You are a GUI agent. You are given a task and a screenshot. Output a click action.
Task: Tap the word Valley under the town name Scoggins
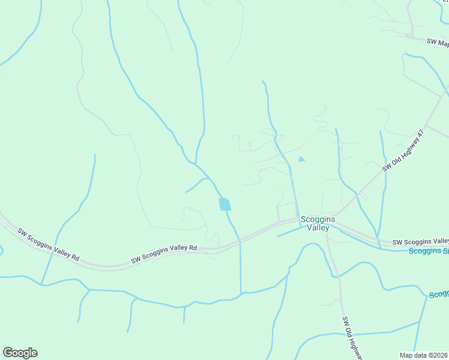tap(318, 228)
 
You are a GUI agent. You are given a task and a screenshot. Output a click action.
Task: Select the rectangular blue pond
tap(224, 204)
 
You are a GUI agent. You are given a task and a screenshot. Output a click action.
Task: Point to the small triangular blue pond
tap(301, 160)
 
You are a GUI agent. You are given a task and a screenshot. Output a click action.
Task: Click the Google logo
tap(20, 353)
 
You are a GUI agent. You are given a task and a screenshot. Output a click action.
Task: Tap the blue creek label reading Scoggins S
tap(429, 251)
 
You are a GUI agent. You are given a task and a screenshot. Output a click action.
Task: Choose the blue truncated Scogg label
tap(439, 293)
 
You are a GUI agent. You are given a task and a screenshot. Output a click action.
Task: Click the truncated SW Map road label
tap(437, 43)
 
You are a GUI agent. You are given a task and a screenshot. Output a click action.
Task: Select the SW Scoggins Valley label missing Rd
tap(420, 241)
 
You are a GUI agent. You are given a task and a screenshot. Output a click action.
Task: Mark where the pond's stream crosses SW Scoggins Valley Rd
tap(240, 241)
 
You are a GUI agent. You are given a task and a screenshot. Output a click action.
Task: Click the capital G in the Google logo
tap(8, 353)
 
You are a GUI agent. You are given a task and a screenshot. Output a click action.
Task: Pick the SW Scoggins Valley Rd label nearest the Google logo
tap(49, 244)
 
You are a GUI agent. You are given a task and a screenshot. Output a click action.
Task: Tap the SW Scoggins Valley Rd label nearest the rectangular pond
tap(164, 254)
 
